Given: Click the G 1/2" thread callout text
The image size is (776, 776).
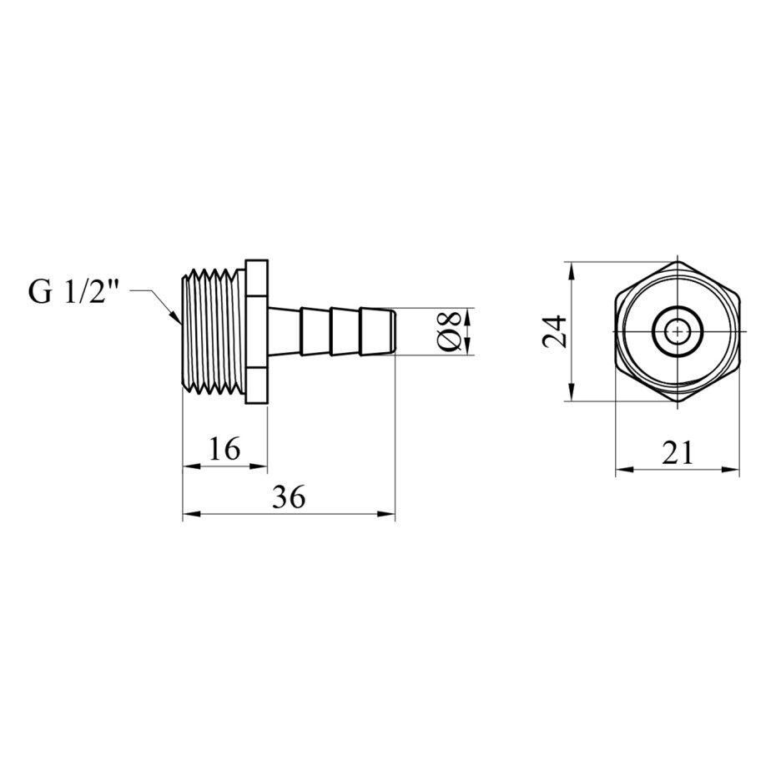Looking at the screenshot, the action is (x=73, y=291).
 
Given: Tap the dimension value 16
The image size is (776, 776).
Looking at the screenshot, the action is (x=224, y=448).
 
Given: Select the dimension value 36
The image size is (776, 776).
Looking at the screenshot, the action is (x=289, y=496).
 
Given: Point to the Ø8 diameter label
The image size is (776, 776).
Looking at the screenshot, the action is (x=450, y=331).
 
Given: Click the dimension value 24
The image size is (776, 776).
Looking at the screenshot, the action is (x=554, y=331).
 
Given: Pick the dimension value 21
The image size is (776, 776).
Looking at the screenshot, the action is (x=678, y=452).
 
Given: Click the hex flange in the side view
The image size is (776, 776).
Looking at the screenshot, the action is (x=256, y=331).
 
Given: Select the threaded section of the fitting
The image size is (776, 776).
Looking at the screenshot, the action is (x=214, y=331).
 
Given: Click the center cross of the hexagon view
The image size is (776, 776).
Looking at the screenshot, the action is (x=678, y=330).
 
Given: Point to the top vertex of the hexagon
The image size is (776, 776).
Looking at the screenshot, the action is (x=678, y=261).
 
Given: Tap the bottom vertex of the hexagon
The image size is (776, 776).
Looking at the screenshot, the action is (x=678, y=401).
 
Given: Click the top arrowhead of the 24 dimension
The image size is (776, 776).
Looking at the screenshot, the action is (x=572, y=270).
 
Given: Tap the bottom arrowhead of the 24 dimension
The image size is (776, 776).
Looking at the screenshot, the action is (x=572, y=392).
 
